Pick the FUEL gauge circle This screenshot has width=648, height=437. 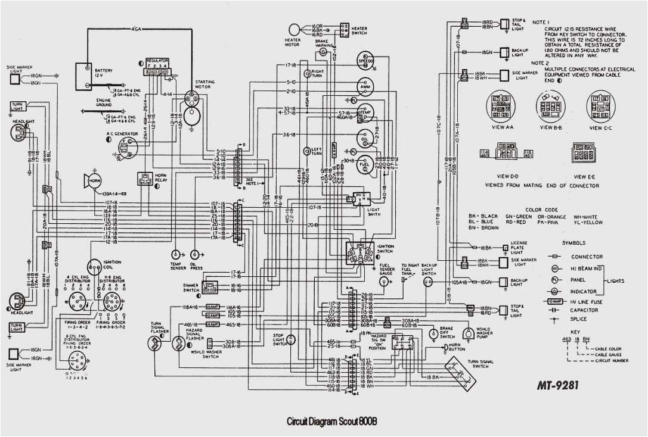(x=365, y=164)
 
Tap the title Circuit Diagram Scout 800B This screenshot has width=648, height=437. (x=333, y=422)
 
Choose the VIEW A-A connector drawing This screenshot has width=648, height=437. (x=499, y=106)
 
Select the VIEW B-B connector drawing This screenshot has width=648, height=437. (x=548, y=105)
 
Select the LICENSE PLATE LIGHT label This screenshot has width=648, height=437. (x=519, y=247)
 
